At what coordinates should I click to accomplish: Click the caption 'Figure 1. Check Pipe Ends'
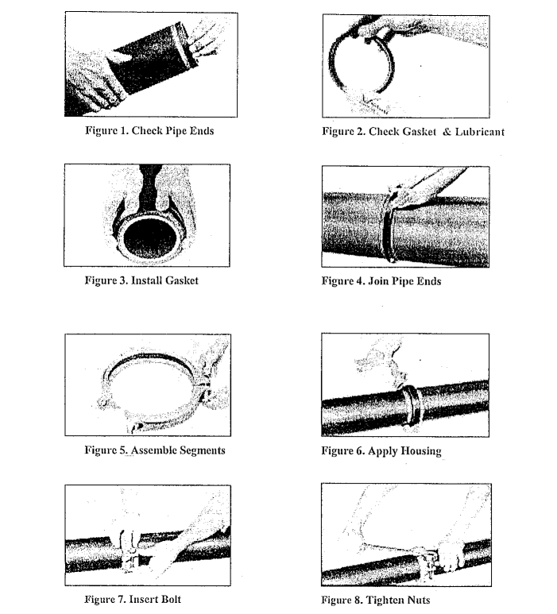[x=149, y=131]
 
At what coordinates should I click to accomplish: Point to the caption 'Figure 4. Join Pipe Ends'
[x=381, y=281]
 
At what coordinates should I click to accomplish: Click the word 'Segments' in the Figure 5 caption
[x=200, y=450]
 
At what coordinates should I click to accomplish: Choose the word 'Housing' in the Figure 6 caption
[x=419, y=451]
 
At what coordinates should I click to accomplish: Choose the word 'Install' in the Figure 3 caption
[x=140, y=280]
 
